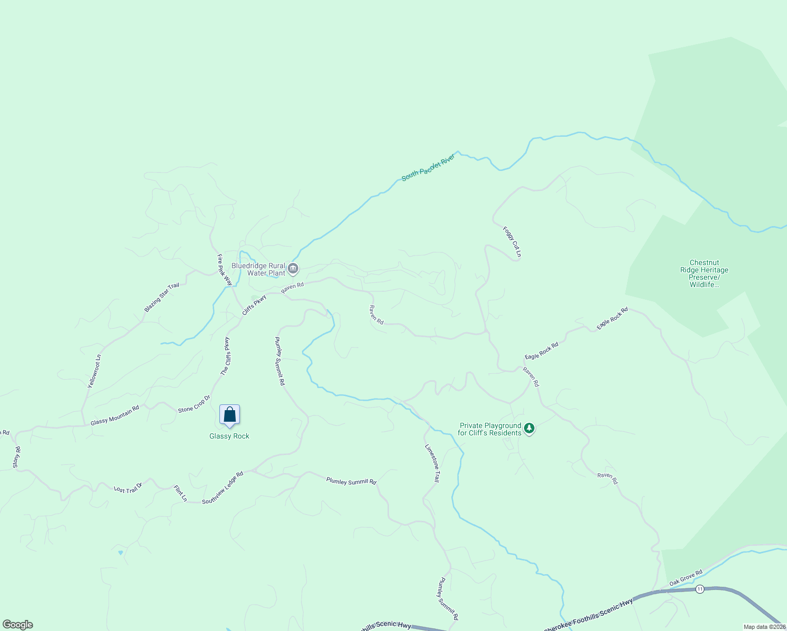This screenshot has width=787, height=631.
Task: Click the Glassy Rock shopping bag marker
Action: pos(229,414)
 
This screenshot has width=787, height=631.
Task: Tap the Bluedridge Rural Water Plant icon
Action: pos(293,269)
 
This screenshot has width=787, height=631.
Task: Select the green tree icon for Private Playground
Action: pos(529,429)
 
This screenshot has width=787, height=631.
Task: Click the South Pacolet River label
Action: pos(428,168)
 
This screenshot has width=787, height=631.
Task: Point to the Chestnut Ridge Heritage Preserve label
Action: pos(704,273)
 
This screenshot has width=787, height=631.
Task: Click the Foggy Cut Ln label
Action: pos(512,242)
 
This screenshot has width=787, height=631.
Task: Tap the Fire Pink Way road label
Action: pos(225,270)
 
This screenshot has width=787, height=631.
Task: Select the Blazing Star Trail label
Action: pos(162,297)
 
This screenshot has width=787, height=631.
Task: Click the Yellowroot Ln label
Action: pos(94,371)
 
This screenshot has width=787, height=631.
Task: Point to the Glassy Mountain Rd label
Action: pos(115,415)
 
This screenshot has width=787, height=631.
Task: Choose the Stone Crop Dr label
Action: pos(194,403)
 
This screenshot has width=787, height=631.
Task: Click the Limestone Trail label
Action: pos(432,463)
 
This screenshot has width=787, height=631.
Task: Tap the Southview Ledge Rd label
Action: pos(223,487)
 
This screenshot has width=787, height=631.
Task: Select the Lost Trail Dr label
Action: pos(128,488)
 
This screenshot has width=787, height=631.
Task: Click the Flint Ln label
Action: pos(180,493)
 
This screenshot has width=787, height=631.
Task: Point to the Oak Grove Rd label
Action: pos(685,578)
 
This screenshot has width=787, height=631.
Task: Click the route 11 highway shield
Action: pos(699,589)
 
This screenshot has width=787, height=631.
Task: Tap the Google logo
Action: pos(17,625)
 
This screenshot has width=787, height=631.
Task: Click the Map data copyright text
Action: pos(764,627)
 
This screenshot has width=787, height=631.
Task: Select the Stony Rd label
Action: pos(16,457)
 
